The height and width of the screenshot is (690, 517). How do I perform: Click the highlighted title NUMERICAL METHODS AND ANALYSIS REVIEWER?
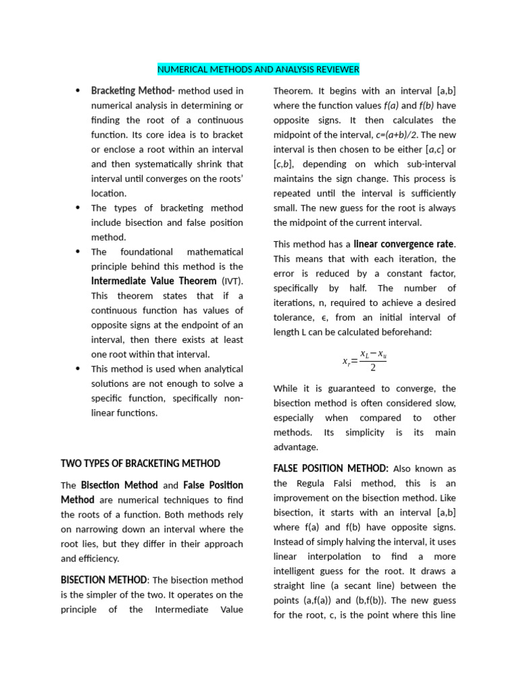258,69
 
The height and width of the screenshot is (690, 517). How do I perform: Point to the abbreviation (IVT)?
232,281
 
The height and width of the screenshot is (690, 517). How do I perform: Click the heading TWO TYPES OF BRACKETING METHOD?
141,463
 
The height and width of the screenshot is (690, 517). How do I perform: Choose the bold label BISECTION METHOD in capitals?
104,579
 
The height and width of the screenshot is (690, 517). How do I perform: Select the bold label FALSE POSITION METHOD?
331,468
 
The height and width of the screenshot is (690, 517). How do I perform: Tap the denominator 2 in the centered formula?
373,368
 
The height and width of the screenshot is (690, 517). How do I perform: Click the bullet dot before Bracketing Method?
78,91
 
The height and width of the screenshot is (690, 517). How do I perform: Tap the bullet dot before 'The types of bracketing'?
78,208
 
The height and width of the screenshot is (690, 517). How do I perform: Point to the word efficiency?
99,558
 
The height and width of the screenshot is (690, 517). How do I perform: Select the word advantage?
296,447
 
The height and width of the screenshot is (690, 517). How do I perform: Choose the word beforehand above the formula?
407,332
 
